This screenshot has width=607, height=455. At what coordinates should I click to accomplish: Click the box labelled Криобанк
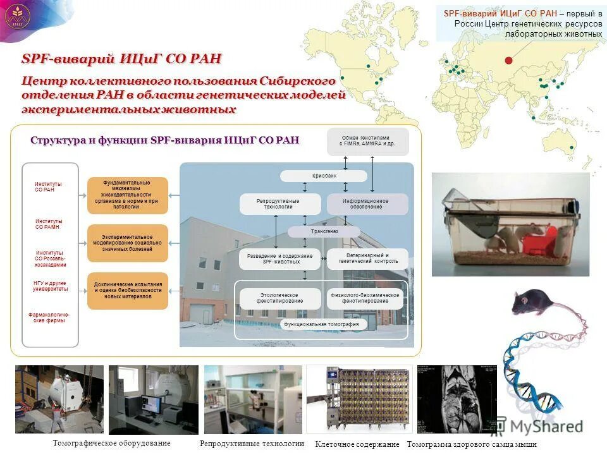point(323,176)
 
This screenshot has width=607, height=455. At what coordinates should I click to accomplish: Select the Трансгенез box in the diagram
point(314,232)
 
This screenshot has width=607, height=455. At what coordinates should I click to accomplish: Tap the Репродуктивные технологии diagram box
point(278,203)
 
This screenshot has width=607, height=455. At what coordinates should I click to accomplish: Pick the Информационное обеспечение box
point(366,203)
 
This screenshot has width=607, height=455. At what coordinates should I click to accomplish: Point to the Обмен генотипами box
point(367,141)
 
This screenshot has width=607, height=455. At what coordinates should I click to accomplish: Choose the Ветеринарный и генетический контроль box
point(368,258)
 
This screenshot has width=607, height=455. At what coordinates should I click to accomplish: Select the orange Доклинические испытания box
point(128,290)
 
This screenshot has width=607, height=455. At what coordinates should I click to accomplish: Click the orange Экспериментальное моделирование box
point(128,243)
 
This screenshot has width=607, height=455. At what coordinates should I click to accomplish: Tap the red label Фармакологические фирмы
point(49,317)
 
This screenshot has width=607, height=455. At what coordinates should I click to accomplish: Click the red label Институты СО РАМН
point(49,224)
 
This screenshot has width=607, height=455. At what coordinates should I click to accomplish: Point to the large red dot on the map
point(508,60)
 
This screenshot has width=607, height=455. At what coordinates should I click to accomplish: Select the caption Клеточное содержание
point(357,444)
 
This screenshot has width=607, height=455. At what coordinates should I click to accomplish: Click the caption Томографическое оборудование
point(111,443)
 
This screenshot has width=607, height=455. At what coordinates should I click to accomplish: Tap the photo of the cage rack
point(359,399)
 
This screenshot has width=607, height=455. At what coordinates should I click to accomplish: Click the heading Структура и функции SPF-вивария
point(164,140)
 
